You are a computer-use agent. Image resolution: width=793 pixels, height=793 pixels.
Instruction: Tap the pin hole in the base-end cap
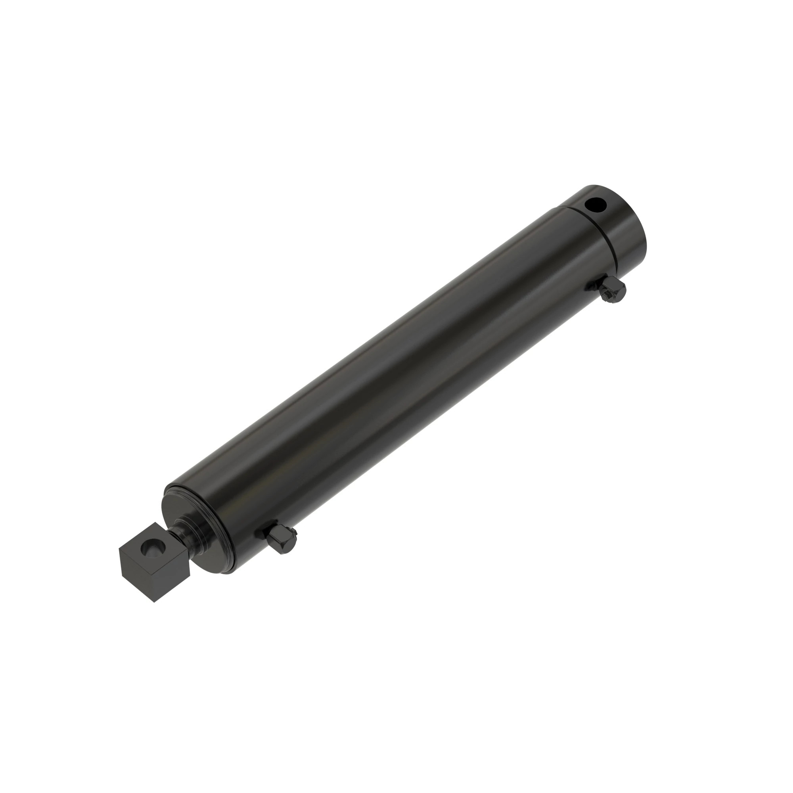(596, 203)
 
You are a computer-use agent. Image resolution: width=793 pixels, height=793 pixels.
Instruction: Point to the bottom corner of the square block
(154, 602)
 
